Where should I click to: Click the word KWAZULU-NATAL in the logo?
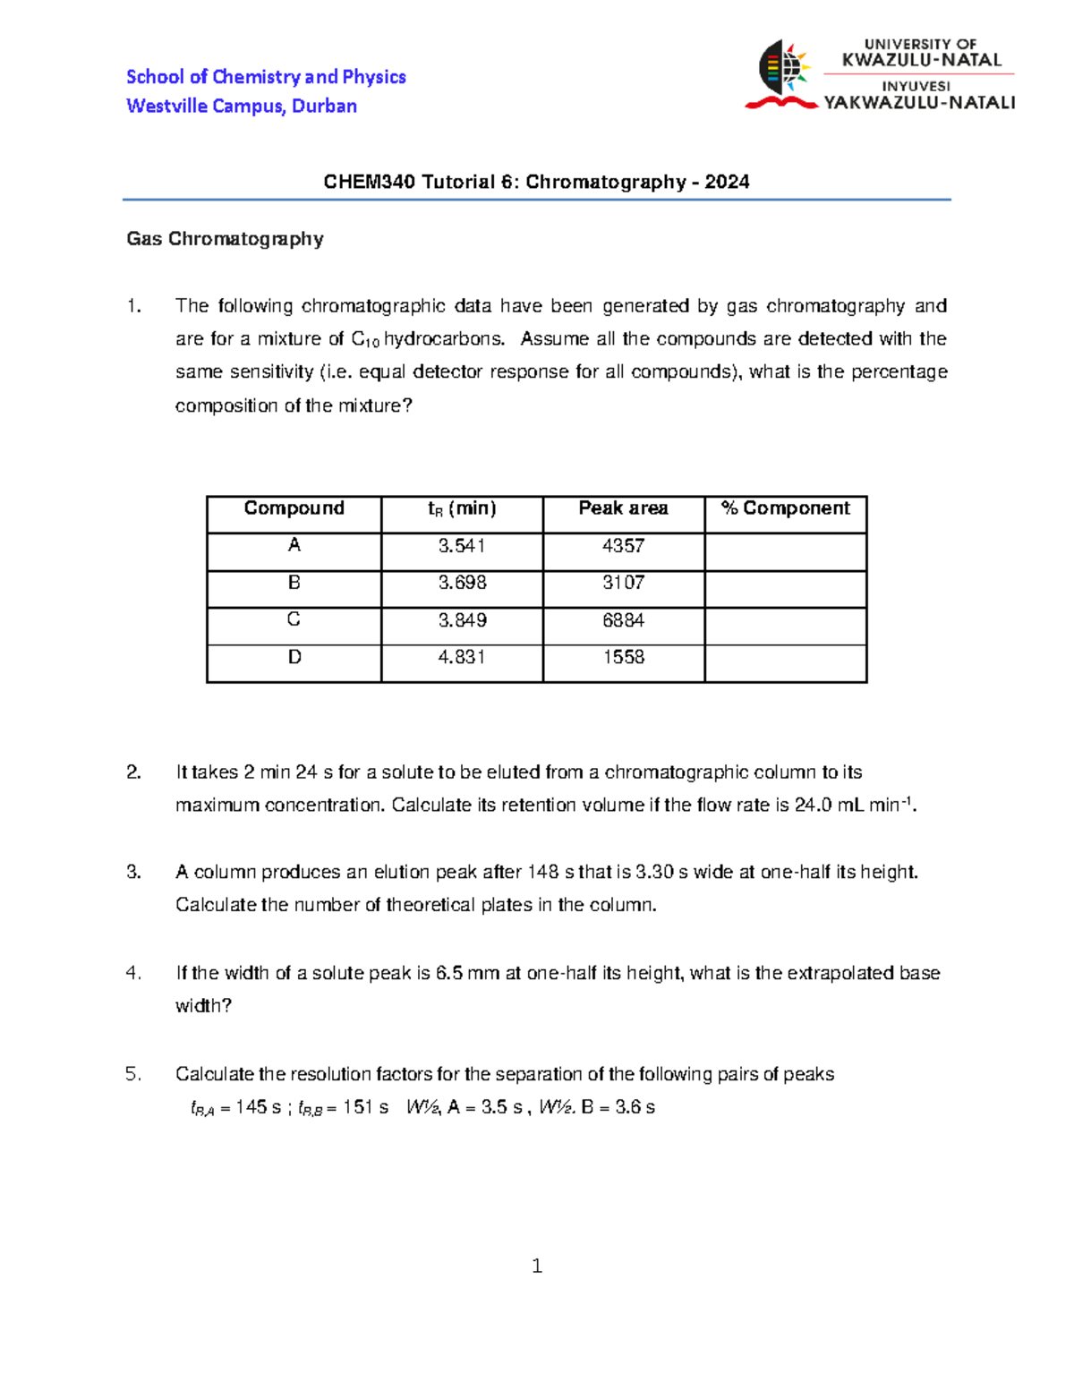pyautogui.click(x=921, y=61)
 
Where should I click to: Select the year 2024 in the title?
pyautogui.click(x=727, y=182)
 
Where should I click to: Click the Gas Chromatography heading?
pyautogui.click(x=225, y=239)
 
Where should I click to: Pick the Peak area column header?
pyautogui.click(x=623, y=508)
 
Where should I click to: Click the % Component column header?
pyautogui.click(x=785, y=508)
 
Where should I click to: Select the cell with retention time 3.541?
pyautogui.click(x=462, y=546)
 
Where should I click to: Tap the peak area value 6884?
pyautogui.click(x=623, y=620)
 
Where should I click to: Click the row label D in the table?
pyautogui.click(x=294, y=658)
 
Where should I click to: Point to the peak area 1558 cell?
pyautogui.click(x=623, y=658)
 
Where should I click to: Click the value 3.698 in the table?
pyautogui.click(x=462, y=583)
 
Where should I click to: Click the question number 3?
pyautogui.click(x=133, y=872)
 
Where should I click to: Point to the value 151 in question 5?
pyautogui.click(x=357, y=1107)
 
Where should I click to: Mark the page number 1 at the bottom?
pyautogui.click(x=537, y=1266)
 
